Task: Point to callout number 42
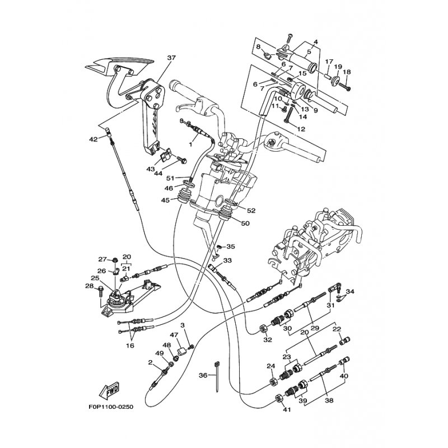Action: (x=93, y=139)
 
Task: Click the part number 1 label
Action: (x=190, y=144)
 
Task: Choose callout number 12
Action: (x=301, y=129)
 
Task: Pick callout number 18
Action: (x=347, y=72)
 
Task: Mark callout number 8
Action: (x=258, y=47)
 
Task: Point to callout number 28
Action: (x=88, y=287)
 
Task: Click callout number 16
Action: (x=130, y=346)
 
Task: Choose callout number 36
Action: (x=203, y=376)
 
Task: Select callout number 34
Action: (x=351, y=291)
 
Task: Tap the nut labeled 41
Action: (x=278, y=399)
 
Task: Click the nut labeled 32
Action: (x=263, y=328)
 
